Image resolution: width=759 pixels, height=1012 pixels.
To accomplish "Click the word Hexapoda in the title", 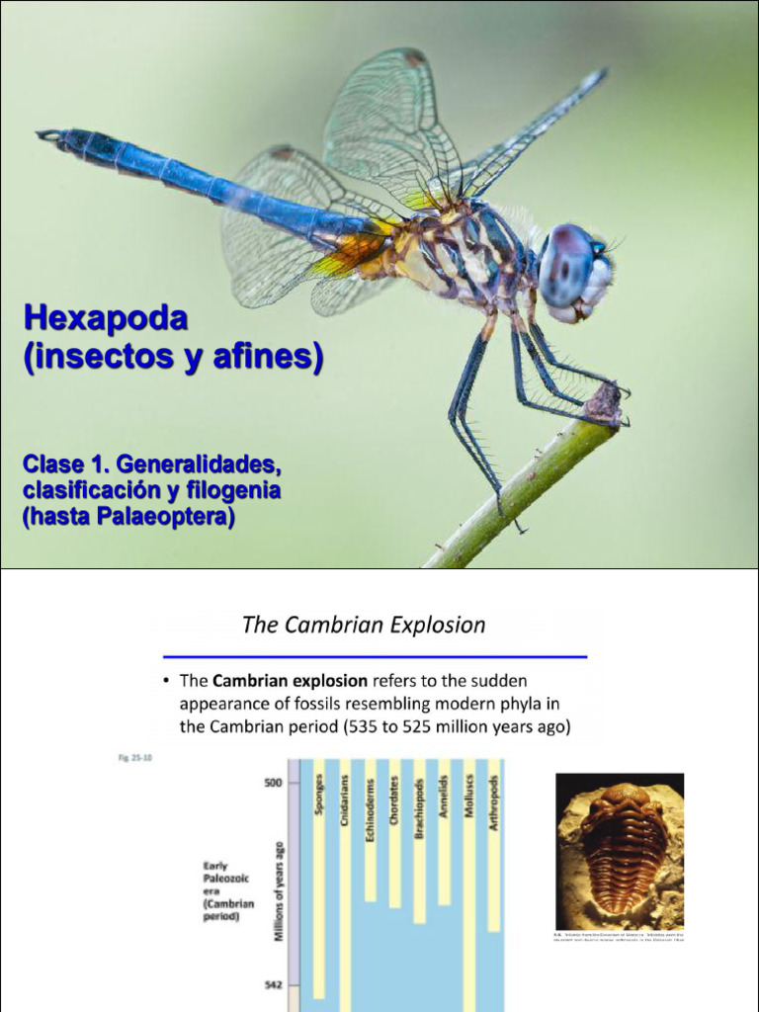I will tap(106, 318).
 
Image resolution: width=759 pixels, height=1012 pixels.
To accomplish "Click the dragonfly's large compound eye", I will tap(568, 264).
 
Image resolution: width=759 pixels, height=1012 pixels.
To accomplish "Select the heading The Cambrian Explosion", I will tap(364, 626).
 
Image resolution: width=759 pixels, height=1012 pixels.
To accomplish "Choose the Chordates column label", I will tap(394, 800).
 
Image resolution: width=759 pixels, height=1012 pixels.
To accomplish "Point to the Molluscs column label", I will tap(468, 797).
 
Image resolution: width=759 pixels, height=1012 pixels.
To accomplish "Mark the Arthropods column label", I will tap(493, 801).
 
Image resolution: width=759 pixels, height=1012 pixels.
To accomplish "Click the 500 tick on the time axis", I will tap(273, 783).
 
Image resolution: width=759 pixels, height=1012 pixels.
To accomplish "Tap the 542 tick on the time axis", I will tap(273, 985).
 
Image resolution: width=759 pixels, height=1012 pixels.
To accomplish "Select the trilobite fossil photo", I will tap(620, 851).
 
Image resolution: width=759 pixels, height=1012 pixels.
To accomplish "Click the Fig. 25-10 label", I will tap(122, 758).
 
